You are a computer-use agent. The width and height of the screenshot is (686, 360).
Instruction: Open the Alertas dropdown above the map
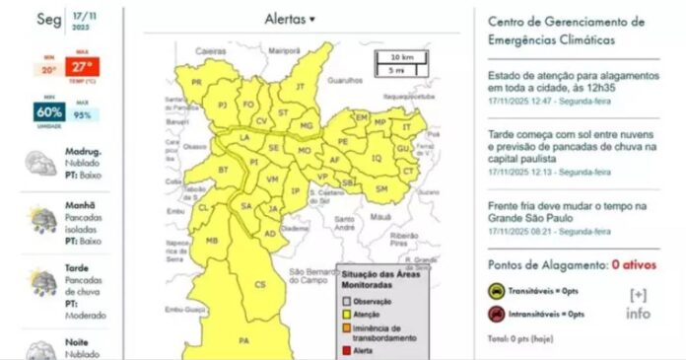pos(290,19)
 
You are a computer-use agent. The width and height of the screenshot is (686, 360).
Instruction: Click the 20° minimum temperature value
pos(48,69)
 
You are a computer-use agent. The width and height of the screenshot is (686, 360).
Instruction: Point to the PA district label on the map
pos(244,340)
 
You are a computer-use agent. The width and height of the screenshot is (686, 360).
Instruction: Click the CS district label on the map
pos(260,284)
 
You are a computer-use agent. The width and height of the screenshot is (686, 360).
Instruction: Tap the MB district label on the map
pos(211,241)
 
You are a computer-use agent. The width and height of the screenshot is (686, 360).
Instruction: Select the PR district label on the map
pos(196,82)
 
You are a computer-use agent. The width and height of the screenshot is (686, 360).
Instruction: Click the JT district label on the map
pos(301,87)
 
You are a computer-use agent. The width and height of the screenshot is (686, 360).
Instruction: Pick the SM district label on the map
pos(381,187)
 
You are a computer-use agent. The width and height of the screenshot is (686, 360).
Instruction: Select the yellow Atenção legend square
pos(347,314)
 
